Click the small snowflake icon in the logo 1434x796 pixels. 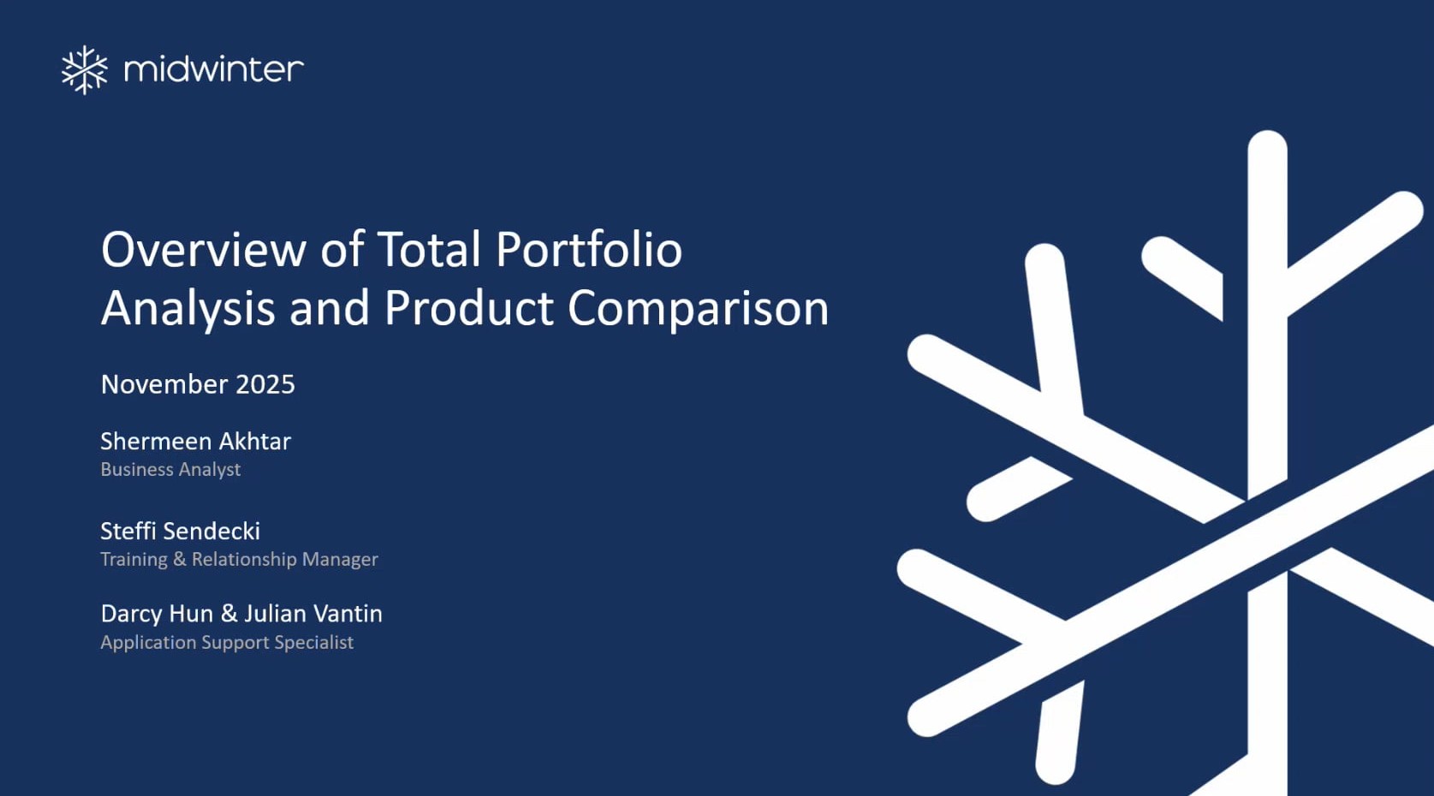coord(85,69)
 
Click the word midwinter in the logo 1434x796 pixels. coord(214,68)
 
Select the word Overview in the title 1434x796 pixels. coord(204,249)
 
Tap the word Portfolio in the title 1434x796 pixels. coord(589,250)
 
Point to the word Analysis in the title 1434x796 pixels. coord(187,309)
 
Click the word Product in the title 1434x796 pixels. coord(468,308)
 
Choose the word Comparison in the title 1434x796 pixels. coord(699,309)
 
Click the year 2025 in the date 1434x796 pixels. coord(265,384)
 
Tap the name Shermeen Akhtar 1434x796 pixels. coord(196,441)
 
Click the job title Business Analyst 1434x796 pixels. coord(170,469)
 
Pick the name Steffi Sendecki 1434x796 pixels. coord(181,531)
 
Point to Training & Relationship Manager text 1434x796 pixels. coord(240,559)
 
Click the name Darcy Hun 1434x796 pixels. coord(157,614)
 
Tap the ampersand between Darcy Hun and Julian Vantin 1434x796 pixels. coord(229,614)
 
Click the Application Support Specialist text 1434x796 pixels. coord(227,642)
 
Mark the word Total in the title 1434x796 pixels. coord(429,249)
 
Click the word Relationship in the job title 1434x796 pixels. coord(244,559)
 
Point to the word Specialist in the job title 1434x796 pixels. coord(313,642)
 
